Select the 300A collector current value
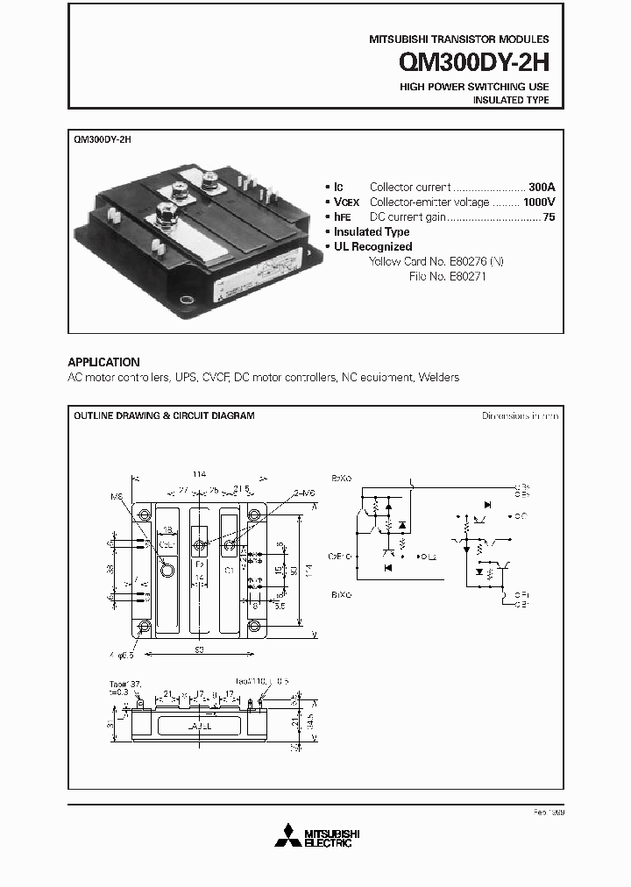[542, 188]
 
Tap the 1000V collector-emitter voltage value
[537, 202]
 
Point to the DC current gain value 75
[549, 217]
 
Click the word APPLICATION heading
[103, 362]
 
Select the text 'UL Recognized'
[372, 247]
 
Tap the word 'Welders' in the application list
[439, 378]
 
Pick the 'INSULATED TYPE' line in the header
[511, 101]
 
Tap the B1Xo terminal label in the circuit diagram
[341, 593]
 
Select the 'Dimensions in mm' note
[520, 415]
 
